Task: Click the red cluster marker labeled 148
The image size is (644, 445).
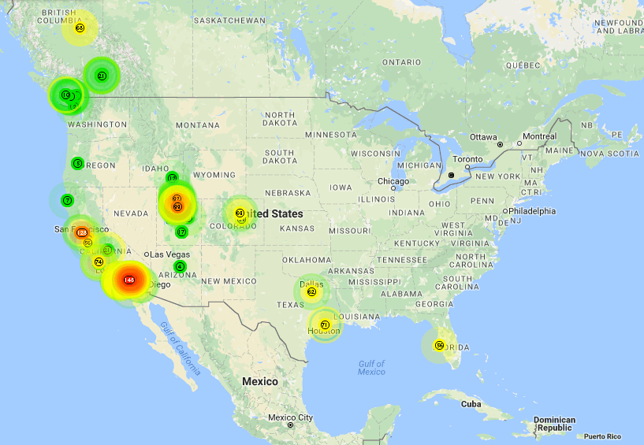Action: pos(129,280)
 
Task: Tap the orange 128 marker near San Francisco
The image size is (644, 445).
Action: pos(82,232)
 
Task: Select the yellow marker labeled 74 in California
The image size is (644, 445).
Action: pos(99,261)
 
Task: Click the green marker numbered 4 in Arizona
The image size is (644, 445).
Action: pos(180,266)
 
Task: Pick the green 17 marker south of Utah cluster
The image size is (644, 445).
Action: pos(181,232)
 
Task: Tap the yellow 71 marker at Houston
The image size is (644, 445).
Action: pos(324,324)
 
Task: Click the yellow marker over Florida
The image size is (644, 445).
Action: pos(440,345)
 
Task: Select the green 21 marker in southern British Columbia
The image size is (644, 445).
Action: pos(102,76)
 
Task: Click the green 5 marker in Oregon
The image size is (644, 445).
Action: pos(77,163)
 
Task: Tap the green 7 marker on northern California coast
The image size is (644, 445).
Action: pos(68,200)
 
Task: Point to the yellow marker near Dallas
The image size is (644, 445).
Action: pos(311,292)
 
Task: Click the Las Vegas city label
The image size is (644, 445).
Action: pos(168,254)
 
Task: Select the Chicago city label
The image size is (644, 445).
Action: pos(393,181)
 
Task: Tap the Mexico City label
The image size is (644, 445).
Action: pos(290,417)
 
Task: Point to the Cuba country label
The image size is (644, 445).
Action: pos(471,403)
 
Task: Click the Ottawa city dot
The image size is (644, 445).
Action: pos(500,145)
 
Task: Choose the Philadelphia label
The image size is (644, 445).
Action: pos(532,211)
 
